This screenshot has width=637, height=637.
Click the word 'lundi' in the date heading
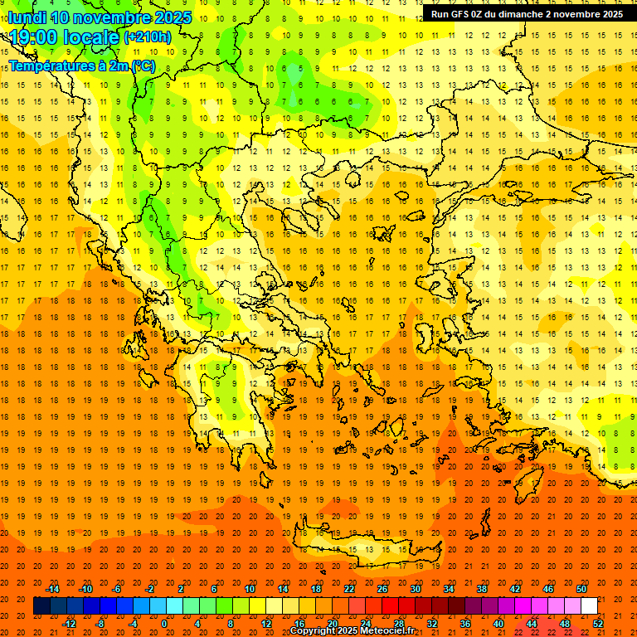(x=27, y=17)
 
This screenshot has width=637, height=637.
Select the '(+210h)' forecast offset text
(x=148, y=37)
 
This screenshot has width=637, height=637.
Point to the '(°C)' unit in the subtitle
(x=143, y=65)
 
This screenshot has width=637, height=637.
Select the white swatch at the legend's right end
(x=590, y=606)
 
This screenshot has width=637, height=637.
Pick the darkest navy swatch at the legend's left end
(x=41, y=606)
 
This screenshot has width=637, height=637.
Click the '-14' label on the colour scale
(x=52, y=589)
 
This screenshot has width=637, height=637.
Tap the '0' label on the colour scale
(x=163, y=624)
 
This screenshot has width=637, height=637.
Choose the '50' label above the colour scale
(x=581, y=589)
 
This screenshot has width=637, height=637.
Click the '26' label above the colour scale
(x=382, y=589)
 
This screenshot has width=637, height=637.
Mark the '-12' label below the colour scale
(x=69, y=624)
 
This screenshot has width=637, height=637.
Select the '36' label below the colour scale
(x=464, y=624)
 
